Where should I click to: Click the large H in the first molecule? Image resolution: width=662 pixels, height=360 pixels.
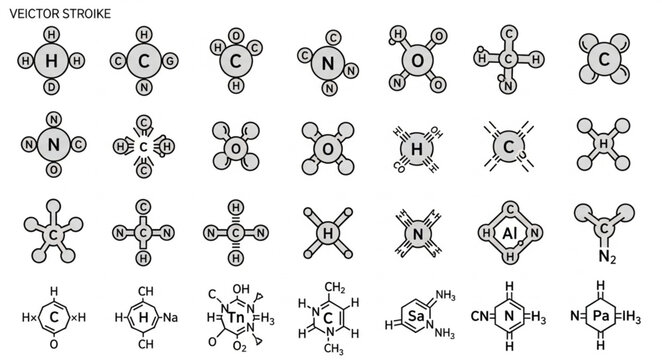52,60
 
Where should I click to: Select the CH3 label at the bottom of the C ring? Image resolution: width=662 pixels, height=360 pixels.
333,348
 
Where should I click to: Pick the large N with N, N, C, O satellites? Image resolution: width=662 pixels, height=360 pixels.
52,146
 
